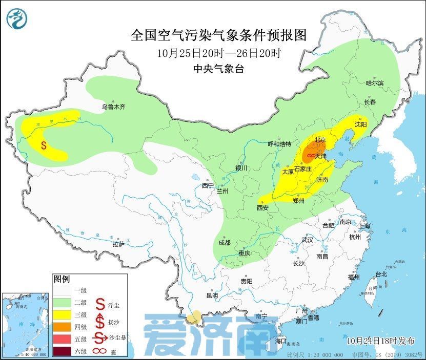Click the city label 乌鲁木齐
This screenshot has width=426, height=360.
click(x=113, y=107)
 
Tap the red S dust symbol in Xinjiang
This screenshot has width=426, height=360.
click(x=44, y=145)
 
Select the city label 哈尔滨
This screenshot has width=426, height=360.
click(x=374, y=83)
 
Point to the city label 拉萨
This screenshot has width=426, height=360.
click(x=118, y=244)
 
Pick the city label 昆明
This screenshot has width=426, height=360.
click(x=212, y=295)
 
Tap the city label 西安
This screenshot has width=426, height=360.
click(x=262, y=208)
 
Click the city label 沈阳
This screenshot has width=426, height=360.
click(x=361, y=124)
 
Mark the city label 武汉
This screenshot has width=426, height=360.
click(x=308, y=240)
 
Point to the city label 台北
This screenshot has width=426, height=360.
click(x=381, y=274)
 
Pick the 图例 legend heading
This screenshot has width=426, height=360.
click(x=62, y=279)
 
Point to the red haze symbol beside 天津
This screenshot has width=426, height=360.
click(x=310, y=155)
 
